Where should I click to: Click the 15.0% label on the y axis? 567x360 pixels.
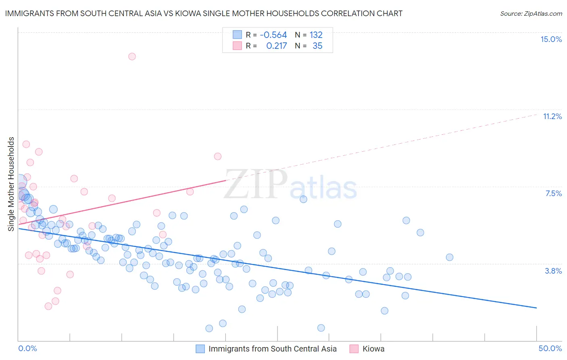coord(551,40)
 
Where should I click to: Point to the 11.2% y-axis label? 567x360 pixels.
coord(552,117)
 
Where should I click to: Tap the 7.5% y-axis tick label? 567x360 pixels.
coord(553,194)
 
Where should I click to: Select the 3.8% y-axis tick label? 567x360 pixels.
coord(553,271)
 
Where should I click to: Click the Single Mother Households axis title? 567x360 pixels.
coord(11,184)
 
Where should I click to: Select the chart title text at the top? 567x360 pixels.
coord(204,13)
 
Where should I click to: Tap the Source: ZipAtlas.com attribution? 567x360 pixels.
coord(531,14)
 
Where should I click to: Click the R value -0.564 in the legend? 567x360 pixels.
coord(273,35)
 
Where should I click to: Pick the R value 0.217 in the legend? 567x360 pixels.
coord(277,46)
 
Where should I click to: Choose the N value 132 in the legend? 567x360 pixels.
coord(316,35)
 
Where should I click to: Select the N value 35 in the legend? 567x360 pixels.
coord(317,46)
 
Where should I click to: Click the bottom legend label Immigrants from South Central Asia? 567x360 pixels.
coord(272,349)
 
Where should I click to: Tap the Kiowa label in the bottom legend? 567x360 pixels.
coord(373,349)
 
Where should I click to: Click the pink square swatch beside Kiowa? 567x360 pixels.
coord(354,349)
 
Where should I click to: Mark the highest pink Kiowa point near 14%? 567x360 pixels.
coord(132,57)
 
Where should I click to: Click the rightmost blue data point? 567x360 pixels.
coord(450,257)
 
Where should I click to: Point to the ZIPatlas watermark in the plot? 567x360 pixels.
coord(290,186)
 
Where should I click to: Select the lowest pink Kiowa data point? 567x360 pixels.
coord(48,306)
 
